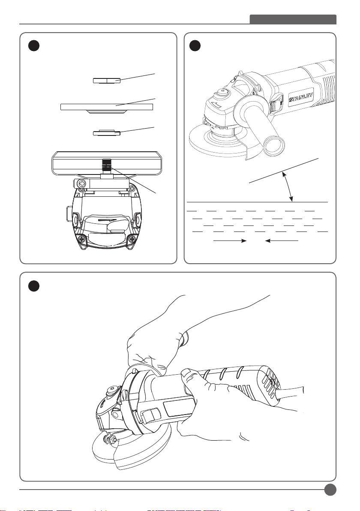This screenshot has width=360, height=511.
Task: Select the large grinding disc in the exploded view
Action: point(107,107)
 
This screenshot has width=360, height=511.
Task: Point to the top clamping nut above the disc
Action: point(107,80)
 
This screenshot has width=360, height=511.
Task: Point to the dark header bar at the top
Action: point(293,19)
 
